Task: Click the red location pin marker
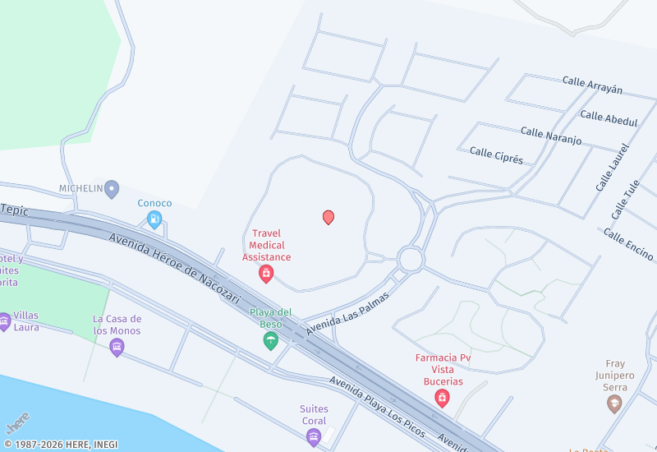(328, 217)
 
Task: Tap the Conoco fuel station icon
(154, 219)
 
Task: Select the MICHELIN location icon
(112, 189)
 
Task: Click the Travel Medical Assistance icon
(266, 274)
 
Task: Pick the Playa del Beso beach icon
(270, 341)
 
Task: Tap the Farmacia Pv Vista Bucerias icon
(443, 399)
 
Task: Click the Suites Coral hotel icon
(313, 437)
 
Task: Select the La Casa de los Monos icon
(117, 348)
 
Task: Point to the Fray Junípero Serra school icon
(613, 404)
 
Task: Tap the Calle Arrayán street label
(592, 85)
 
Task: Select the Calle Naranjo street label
(550, 136)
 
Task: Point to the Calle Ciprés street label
(496, 155)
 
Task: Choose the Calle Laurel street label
(612, 168)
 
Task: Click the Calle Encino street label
(628, 244)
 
